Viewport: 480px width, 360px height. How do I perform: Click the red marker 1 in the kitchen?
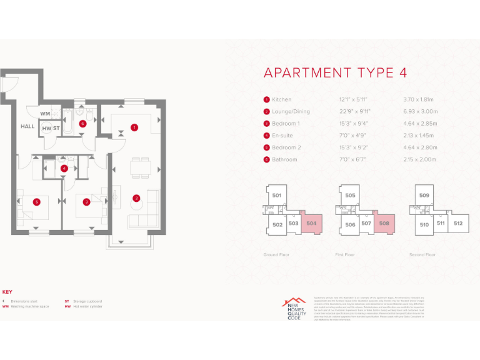click(134, 127)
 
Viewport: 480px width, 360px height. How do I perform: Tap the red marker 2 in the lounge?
click(136, 199)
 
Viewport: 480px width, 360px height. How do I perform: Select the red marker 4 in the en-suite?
click(64, 167)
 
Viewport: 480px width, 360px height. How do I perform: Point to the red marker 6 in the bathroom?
click(82, 123)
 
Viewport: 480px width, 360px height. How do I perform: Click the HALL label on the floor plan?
click(27, 126)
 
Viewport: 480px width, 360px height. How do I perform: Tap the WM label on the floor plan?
click(44, 114)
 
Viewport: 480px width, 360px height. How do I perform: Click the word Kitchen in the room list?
click(281, 99)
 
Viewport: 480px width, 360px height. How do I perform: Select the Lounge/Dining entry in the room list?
click(290, 111)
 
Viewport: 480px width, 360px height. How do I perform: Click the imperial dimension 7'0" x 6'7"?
click(349, 159)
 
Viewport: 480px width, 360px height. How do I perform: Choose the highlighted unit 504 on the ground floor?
click(311, 222)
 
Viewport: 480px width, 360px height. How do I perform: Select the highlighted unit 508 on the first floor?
click(384, 223)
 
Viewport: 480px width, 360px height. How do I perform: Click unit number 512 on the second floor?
click(458, 223)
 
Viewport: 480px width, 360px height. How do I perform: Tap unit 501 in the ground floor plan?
click(277, 196)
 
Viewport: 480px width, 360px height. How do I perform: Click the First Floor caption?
click(346, 255)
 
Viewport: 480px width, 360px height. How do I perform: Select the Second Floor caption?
click(422, 255)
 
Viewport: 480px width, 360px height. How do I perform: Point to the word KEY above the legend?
click(7, 292)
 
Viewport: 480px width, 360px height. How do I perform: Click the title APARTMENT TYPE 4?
click(335, 72)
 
